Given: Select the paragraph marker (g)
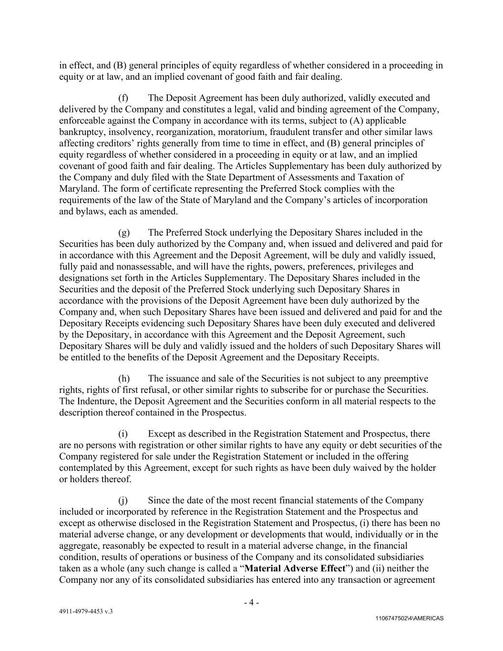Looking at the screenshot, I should (x=123, y=233).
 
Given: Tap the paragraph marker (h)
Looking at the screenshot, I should (x=123, y=379).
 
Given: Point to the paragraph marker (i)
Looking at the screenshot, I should (x=123, y=434).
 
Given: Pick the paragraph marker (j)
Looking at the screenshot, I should (x=123, y=501).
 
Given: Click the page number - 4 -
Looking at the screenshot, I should (x=251, y=602).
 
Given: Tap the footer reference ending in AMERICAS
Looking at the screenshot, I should (x=409, y=619).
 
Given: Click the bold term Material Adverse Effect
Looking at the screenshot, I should (x=294, y=568).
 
